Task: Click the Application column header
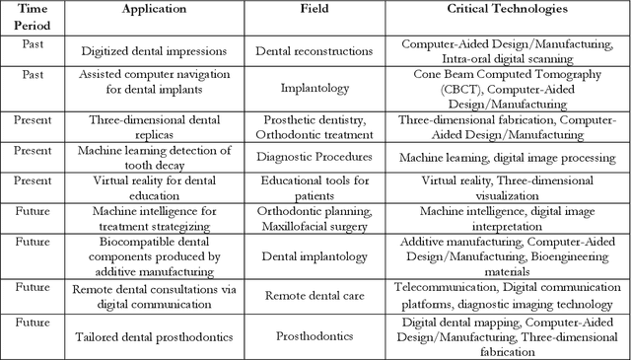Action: coord(156,9)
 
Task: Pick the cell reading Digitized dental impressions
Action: coord(156,48)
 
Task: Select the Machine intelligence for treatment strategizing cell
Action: coord(156,218)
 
